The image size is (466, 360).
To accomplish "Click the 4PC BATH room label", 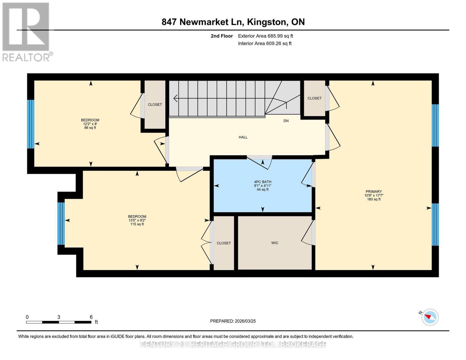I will tap(263, 182).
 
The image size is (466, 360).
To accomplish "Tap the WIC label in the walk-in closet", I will tap(275, 243).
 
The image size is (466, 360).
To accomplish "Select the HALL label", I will tap(243, 137).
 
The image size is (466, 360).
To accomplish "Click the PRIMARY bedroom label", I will tap(374, 192).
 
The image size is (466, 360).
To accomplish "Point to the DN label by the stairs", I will tap(286, 121).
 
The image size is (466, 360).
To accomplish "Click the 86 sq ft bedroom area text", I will tap(90, 128).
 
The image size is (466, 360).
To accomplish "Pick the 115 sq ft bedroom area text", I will tap(137, 224).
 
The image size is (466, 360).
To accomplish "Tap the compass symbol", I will tap(430, 317).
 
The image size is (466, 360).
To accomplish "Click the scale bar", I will tap(59, 322).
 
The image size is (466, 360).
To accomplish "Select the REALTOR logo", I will tap(26, 31).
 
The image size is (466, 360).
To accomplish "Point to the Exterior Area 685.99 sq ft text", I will tap(265, 36).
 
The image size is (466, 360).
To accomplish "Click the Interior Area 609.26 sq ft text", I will tap(265, 43).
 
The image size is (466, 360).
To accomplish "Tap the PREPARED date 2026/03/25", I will tap(233, 321).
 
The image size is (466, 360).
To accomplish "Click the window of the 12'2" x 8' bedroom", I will tap(31, 124).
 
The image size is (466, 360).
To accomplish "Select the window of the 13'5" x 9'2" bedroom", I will tap(61, 224).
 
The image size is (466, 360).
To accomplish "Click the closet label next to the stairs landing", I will tap(314, 98).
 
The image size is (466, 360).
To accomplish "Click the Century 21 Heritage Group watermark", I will tap(233, 344).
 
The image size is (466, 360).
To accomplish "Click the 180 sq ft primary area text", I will tap(374, 199).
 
